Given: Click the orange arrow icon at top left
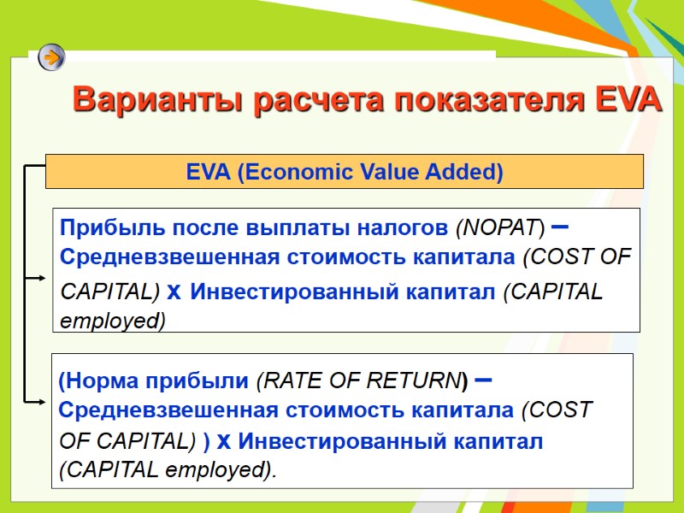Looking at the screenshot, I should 51,58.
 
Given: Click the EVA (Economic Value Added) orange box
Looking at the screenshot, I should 344,172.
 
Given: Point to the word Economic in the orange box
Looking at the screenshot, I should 286,172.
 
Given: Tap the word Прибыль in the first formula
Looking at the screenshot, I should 100,228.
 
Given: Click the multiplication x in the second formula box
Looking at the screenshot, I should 222,441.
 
